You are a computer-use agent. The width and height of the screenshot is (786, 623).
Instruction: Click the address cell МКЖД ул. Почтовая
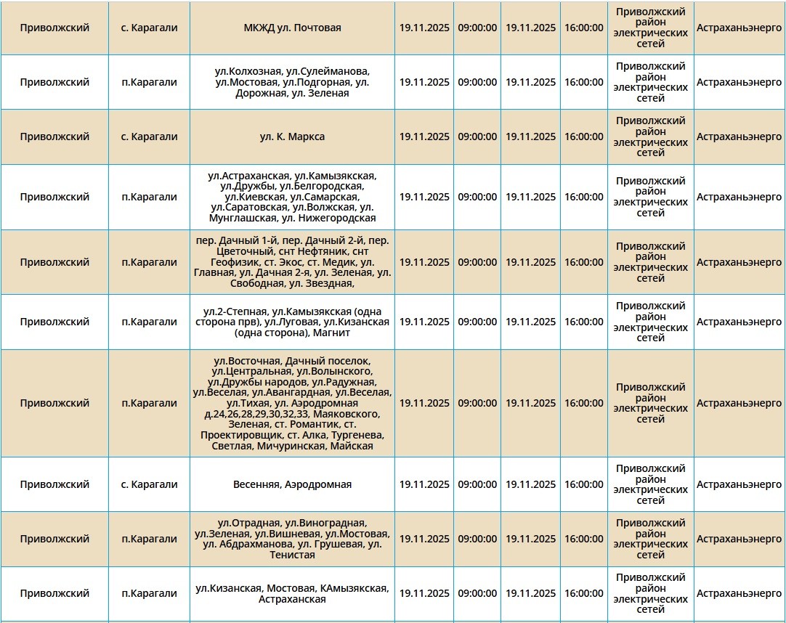(292, 28)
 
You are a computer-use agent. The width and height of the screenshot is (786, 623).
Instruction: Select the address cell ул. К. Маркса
(292, 137)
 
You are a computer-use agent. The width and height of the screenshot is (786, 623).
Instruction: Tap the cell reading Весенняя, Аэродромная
(292, 484)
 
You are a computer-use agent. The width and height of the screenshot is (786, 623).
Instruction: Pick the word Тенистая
(292, 555)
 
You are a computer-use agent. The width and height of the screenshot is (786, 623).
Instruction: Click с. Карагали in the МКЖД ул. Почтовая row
(149, 28)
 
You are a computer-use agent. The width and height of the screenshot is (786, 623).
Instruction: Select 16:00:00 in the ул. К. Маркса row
(583, 137)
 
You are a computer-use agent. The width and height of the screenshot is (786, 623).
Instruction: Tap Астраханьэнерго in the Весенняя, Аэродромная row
(739, 484)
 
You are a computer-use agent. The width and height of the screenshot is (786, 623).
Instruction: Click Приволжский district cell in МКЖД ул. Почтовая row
(54, 28)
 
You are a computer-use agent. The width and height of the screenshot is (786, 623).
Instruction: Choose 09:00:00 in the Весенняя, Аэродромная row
(477, 484)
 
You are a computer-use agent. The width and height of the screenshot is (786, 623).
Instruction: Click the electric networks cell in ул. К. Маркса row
(650, 137)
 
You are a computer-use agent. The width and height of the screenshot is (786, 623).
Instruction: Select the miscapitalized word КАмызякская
(353, 588)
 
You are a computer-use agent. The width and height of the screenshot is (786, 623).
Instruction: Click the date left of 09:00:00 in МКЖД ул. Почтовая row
(424, 28)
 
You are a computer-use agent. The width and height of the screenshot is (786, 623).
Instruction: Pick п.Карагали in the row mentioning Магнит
(149, 322)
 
